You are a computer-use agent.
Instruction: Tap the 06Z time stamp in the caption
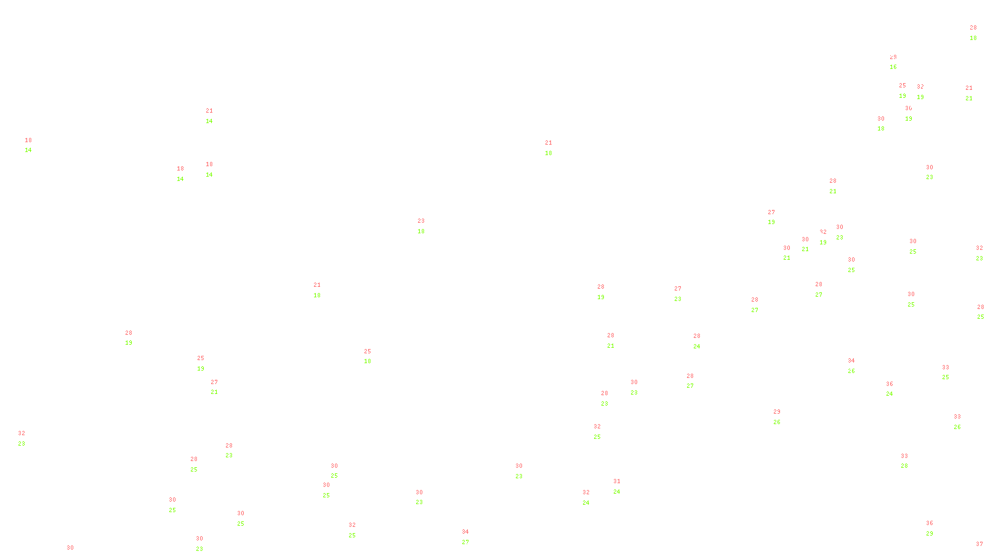click(470, 545)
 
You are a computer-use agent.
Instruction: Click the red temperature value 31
click(617, 481)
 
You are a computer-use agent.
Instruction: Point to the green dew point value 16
click(893, 67)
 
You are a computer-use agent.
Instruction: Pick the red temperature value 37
click(979, 544)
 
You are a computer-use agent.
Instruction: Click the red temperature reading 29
click(777, 412)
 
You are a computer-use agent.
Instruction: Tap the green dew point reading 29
click(930, 534)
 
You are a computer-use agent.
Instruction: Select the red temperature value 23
click(421, 221)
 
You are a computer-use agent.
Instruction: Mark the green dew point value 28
click(904, 466)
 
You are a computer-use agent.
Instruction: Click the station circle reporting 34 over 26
click(857, 366)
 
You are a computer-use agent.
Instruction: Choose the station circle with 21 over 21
click(975, 93)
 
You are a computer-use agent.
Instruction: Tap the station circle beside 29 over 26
click(783, 417)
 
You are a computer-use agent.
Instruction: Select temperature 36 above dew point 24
click(890, 384)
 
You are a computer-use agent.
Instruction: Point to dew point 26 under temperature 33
click(957, 427)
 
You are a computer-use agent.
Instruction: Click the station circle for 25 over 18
click(373, 356)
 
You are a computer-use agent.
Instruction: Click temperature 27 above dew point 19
click(771, 212)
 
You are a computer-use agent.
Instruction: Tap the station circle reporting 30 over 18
click(886, 124)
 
